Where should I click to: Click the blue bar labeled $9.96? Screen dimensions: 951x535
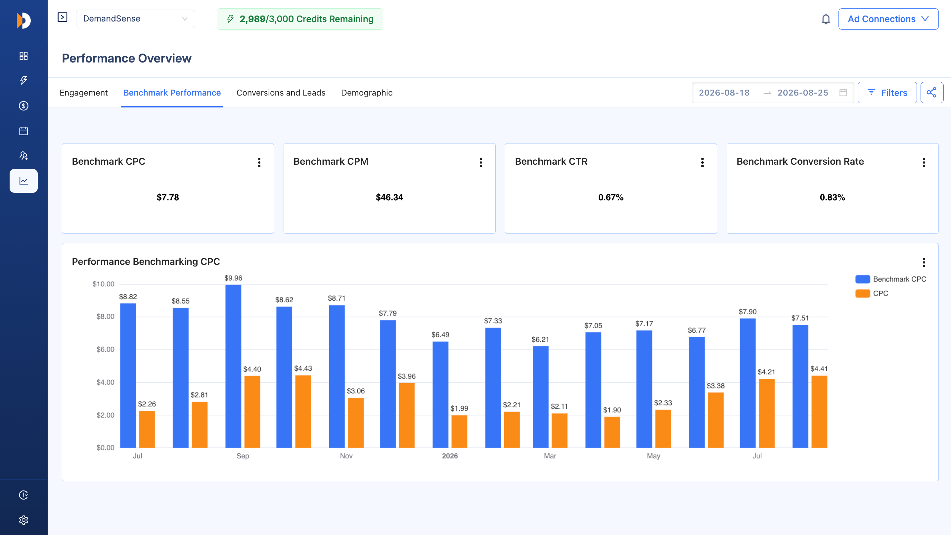pyautogui.click(x=233, y=366)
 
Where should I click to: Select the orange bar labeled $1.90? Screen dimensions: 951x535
pyautogui.click(x=612, y=432)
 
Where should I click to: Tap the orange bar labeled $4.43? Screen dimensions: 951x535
pyautogui.click(x=303, y=411)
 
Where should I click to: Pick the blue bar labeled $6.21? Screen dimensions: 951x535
pyautogui.click(x=540, y=397)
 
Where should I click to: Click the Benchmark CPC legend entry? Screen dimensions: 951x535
pyautogui.click(x=890, y=279)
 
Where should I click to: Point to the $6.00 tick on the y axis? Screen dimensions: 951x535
pyautogui.click(x=105, y=349)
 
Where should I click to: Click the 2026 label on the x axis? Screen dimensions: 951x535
pyautogui.click(x=450, y=456)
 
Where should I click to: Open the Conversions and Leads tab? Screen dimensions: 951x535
pyautogui.click(x=281, y=93)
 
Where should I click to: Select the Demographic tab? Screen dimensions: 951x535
pyautogui.click(x=367, y=93)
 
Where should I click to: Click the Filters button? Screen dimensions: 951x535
pyautogui.click(x=887, y=93)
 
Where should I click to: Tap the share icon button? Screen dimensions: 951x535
pyautogui.click(x=932, y=93)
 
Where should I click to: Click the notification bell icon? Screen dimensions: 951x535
pyautogui.click(x=826, y=19)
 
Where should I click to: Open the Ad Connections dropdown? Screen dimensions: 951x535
pyautogui.click(x=888, y=19)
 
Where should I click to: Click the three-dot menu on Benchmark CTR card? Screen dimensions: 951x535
pyautogui.click(x=702, y=162)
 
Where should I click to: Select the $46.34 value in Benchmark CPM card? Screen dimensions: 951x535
pyautogui.click(x=389, y=197)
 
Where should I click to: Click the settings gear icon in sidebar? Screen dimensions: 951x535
pyautogui.click(x=23, y=520)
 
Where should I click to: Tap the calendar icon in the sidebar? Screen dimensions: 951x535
pyautogui.click(x=23, y=131)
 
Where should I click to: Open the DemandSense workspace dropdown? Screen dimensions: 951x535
pyautogui.click(x=135, y=19)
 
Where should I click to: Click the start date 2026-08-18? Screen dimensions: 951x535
pyautogui.click(x=724, y=93)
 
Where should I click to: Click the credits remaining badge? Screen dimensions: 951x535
pyautogui.click(x=300, y=19)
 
